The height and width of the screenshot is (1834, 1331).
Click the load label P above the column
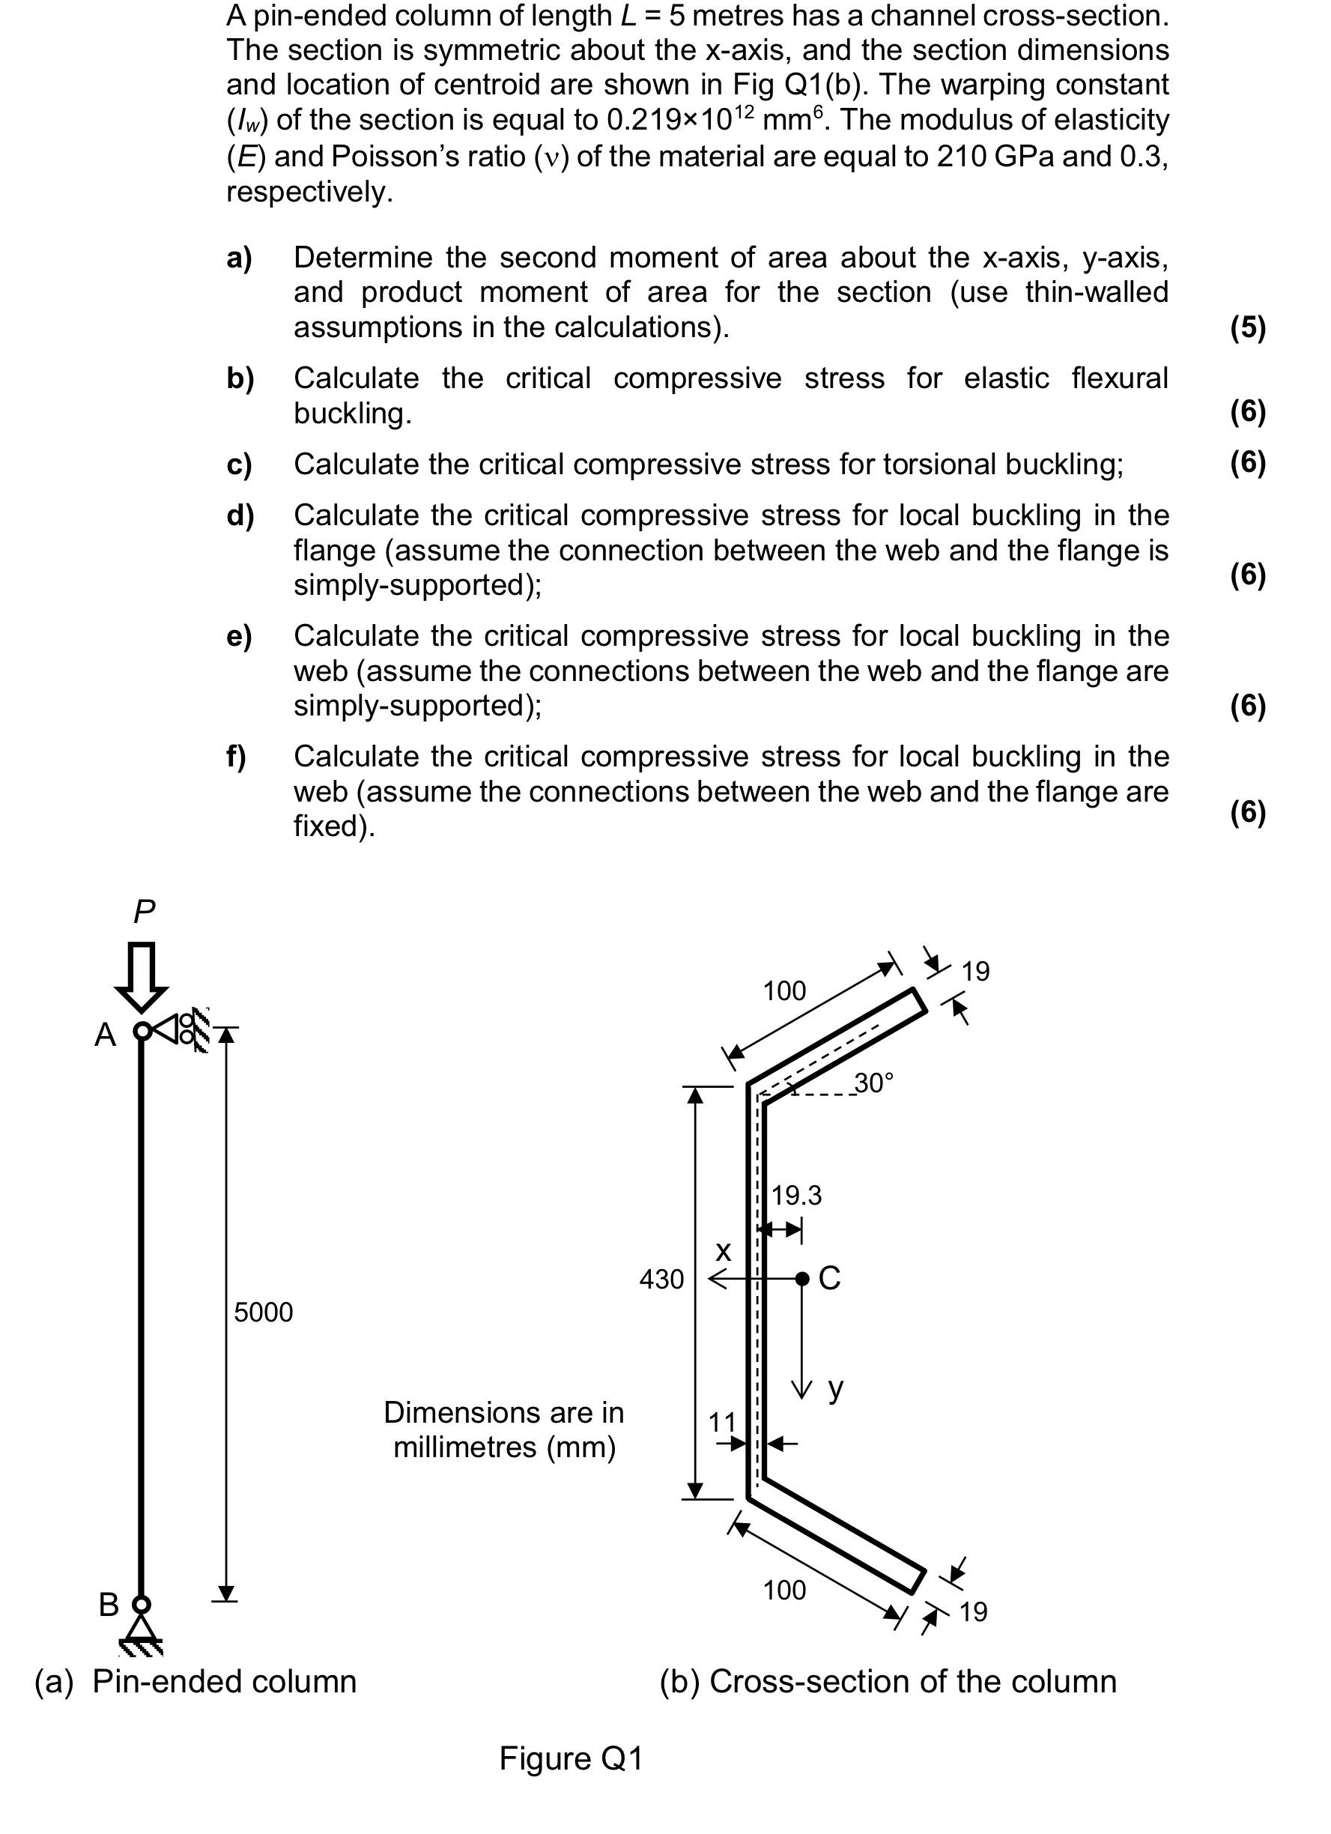coord(144,911)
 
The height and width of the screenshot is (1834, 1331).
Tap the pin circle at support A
coord(142,1031)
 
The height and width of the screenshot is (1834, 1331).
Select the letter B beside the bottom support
coord(109,1604)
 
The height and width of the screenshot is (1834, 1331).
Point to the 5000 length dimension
coord(263,1312)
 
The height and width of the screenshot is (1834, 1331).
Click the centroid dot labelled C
coord(801,1278)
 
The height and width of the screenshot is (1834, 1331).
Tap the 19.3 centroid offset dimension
coord(795,1195)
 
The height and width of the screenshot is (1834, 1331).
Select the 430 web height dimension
coord(661,1280)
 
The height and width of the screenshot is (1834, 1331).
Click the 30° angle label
coord(874,1083)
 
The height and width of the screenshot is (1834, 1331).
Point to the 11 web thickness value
coord(722,1422)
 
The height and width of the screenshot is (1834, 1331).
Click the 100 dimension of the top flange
coord(784,990)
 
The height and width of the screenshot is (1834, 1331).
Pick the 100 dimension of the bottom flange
coord(784,1591)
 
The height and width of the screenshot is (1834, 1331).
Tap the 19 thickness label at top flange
coord(975,971)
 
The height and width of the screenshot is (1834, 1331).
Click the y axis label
coord(835,1387)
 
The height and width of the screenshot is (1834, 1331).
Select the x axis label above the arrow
coord(723,1251)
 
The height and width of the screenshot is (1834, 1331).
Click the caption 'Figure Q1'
coord(570,1759)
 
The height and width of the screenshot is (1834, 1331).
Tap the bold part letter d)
coord(240,515)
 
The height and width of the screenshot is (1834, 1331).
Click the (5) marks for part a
coord(1247,327)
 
